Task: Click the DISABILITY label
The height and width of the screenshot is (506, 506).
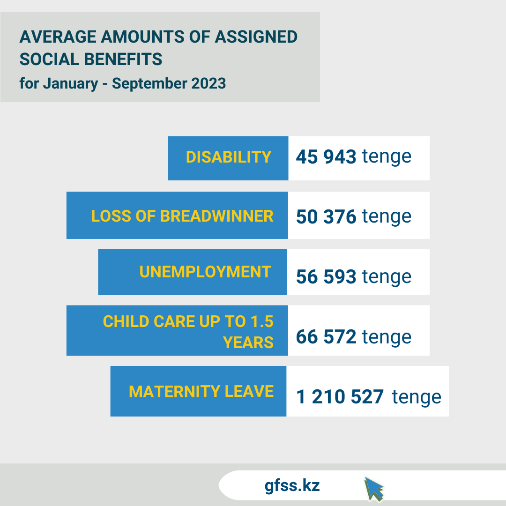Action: pos(229,157)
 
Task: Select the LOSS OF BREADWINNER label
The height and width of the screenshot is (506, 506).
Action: pos(182,216)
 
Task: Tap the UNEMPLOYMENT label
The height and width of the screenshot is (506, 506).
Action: pos(205,272)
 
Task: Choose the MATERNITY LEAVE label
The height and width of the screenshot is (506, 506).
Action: pos(201,391)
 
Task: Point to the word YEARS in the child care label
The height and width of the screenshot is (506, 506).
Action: pos(248,342)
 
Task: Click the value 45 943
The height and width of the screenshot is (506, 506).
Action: pos(326,157)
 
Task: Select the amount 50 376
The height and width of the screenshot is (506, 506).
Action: pos(326,216)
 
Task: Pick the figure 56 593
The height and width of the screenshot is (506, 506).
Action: pos(326,276)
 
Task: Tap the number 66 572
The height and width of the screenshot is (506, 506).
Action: pos(326,336)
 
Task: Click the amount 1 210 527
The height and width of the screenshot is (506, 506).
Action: pos(340,397)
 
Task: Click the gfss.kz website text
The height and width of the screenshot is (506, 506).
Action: pos(292,485)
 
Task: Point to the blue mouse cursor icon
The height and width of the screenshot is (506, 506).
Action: pos(374,489)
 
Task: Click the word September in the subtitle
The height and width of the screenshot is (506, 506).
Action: pos(149,83)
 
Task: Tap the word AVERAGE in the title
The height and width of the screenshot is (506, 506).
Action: pos(53,37)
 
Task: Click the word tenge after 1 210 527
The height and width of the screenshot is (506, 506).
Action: pos(417,397)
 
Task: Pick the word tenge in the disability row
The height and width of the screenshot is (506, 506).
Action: pos(387,157)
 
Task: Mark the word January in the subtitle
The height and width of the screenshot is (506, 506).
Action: pos(71,83)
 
